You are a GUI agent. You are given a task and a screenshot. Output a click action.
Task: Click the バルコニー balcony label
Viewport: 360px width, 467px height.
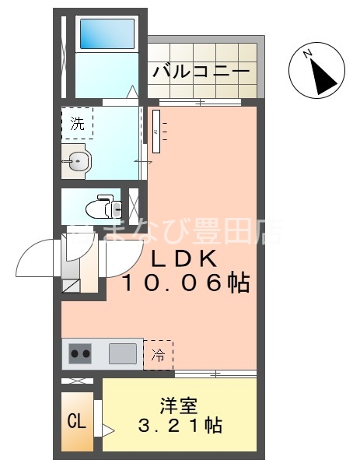pos(201,72)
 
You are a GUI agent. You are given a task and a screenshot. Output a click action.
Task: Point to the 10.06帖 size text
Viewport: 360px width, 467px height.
pos(185,283)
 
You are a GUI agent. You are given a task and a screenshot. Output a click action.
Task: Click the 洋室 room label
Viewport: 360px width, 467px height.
pos(179,406)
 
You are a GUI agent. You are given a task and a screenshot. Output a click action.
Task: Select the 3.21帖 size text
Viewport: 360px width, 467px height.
pos(180,426)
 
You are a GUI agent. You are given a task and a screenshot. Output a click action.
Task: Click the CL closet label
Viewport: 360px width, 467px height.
pos(76,423)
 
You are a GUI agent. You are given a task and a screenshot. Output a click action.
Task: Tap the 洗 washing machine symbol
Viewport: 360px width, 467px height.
pos(77,123)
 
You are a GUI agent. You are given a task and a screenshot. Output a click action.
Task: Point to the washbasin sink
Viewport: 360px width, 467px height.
pos(78,163)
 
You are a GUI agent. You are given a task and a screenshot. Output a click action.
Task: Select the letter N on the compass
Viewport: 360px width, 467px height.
pos(309,54)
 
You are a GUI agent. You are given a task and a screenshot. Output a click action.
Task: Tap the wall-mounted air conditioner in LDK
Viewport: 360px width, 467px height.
pos(157,132)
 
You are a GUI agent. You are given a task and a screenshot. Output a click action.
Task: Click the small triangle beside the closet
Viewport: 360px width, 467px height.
pos(107,429)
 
